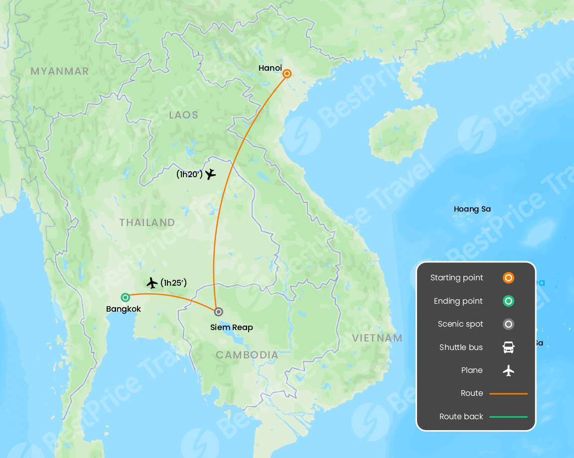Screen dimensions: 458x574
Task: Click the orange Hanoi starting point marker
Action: click(x=287, y=74)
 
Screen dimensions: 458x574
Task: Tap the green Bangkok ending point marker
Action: click(x=126, y=297)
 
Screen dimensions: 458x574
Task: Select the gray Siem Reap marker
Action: click(x=218, y=312)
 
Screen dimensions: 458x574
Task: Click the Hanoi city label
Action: click(x=270, y=68)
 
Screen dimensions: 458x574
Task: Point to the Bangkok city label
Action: click(x=124, y=309)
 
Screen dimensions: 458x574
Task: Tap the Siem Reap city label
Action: click(x=232, y=328)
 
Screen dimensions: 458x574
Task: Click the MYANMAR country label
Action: click(x=60, y=71)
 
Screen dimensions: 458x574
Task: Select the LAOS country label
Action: click(x=183, y=115)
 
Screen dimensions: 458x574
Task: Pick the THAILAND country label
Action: click(x=147, y=223)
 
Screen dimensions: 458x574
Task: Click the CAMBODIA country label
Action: click(x=247, y=355)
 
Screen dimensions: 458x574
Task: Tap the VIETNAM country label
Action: click(x=377, y=338)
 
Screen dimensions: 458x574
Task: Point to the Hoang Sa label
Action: click(x=472, y=209)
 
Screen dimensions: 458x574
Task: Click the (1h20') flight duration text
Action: click(x=189, y=175)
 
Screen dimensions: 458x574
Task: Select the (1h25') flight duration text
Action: click(x=173, y=283)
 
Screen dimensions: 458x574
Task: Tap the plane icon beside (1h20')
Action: click(x=210, y=174)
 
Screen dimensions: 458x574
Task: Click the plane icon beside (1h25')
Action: click(x=152, y=283)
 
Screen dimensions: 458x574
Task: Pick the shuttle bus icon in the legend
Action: click(x=508, y=347)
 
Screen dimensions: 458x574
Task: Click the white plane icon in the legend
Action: click(x=508, y=370)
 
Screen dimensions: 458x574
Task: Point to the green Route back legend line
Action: click(x=508, y=417)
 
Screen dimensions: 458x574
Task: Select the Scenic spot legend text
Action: click(x=460, y=324)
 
